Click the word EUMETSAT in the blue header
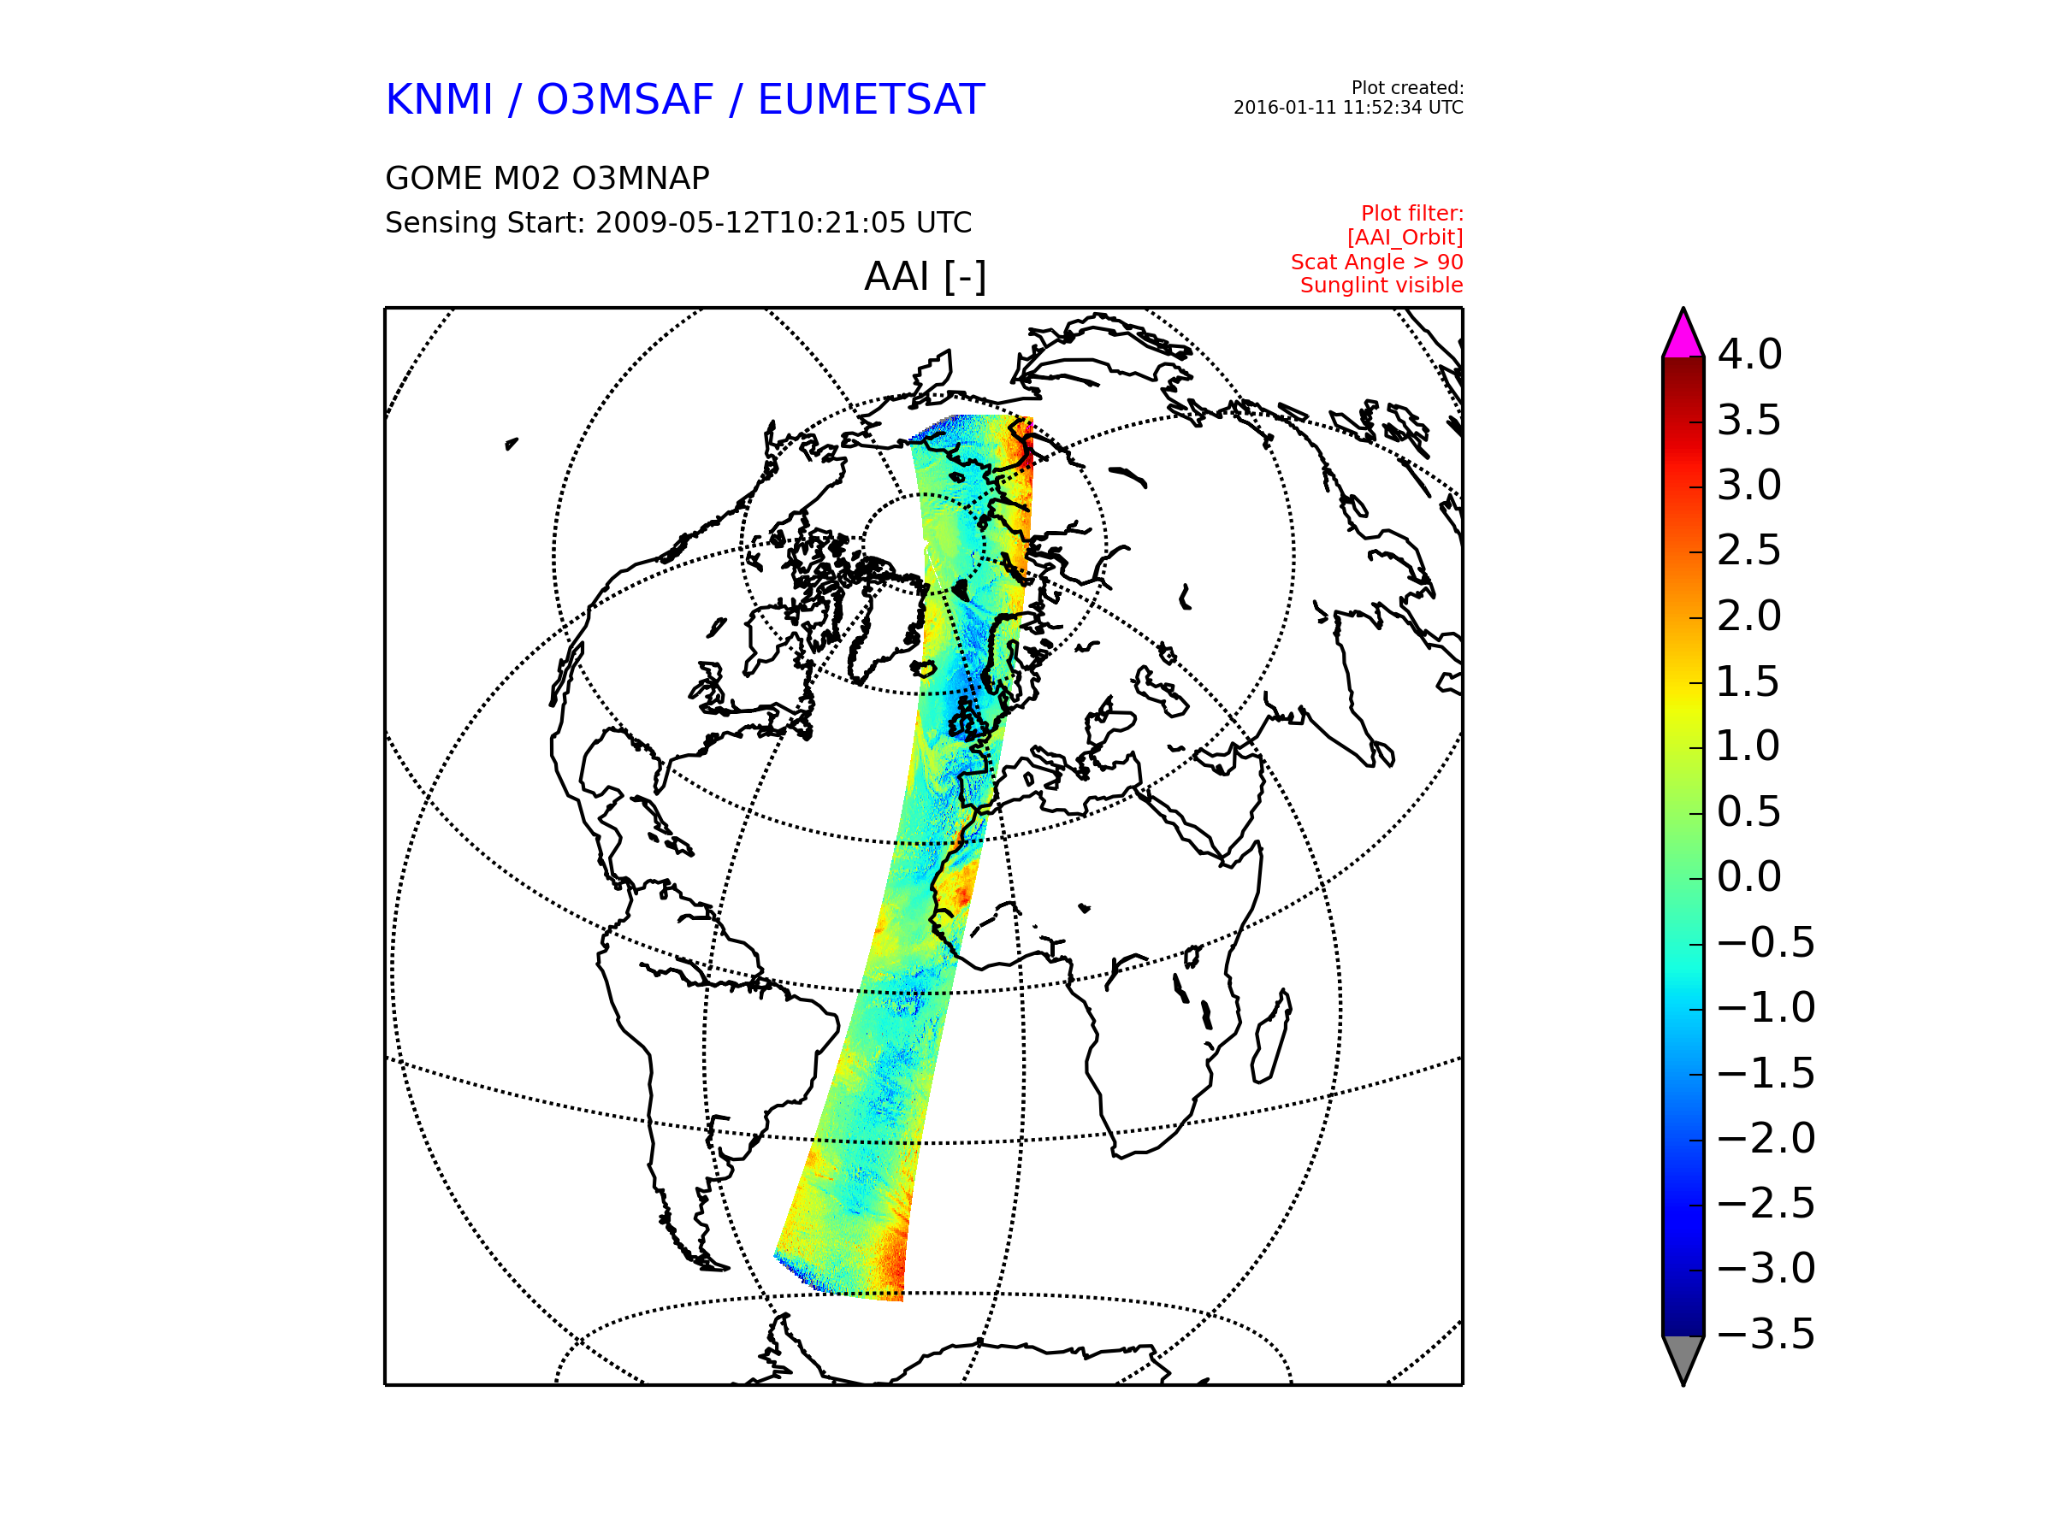(x=871, y=99)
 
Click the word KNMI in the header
(x=439, y=99)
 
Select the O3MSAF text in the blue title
(x=624, y=99)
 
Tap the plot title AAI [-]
(x=926, y=276)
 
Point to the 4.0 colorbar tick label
(x=1749, y=354)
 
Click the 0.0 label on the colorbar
(x=1749, y=876)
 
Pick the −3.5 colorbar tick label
(x=1766, y=1334)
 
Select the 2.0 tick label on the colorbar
(x=1749, y=616)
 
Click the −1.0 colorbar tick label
(x=1766, y=1007)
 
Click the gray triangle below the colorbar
(x=1683, y=1357)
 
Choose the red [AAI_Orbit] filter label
(x=1405, y=238)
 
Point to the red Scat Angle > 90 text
(x=1376, y=262)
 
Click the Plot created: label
(x=1407, y=88)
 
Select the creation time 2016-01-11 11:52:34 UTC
(x=1348, y=108)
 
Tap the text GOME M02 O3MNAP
(x=547, y=178)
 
